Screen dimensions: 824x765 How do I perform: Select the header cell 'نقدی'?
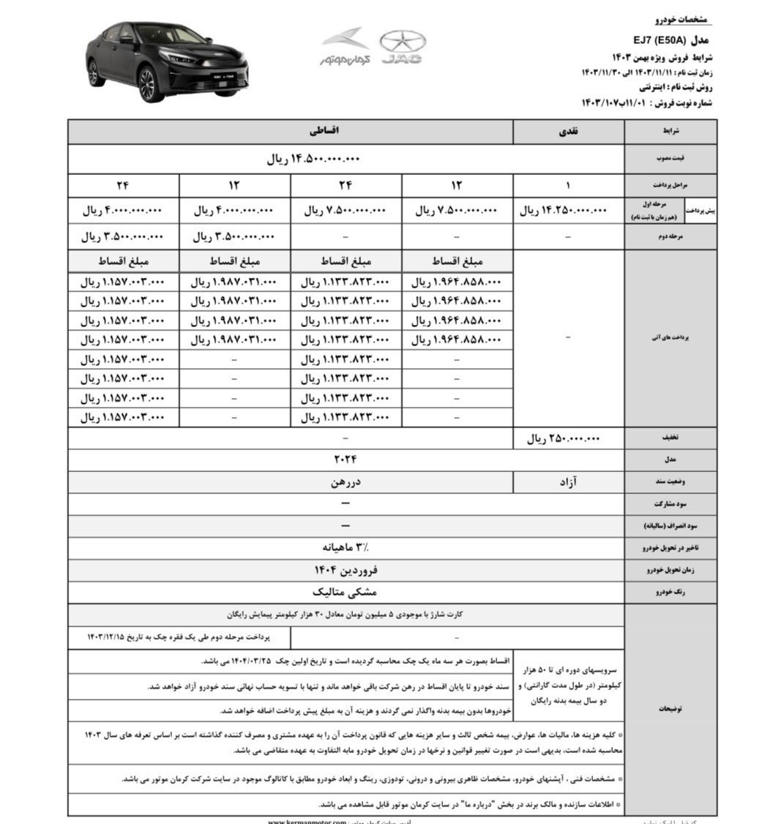coord(568,132)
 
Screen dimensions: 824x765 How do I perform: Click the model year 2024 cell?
coord(346,460)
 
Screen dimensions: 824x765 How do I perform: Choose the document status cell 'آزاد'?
coord(568,482)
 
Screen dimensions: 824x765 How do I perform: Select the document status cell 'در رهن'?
coord(346,482)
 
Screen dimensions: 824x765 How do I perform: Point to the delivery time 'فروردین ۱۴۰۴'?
coord(346,569)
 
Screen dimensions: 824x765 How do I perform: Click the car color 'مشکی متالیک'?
coord(346,592)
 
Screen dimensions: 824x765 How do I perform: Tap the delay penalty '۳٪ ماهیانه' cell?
coord(346,547)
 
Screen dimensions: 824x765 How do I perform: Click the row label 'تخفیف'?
coord(670,438)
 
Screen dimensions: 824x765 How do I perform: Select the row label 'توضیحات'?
coord(670,709)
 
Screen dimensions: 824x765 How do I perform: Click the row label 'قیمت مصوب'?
coord(670,159)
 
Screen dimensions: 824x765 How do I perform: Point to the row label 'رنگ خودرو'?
coord(670,592)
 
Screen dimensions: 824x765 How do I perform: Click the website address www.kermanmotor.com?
coord(307,821)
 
